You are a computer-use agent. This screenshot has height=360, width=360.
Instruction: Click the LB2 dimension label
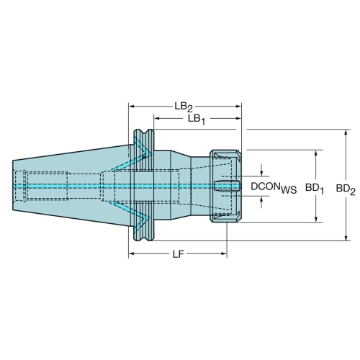click(184, 107)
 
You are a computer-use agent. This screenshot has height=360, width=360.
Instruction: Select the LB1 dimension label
click(197, 120)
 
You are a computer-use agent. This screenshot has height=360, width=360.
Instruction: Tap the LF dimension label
click(179, 255)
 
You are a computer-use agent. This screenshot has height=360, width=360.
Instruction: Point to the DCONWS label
click(274, 187)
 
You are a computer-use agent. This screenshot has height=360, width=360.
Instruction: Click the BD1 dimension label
click(315, 189)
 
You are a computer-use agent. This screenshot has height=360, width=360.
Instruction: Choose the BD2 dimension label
click(346, 189)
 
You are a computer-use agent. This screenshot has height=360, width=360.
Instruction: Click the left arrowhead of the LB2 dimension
click(131, 107)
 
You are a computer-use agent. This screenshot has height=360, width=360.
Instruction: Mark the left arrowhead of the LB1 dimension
click(157, 118)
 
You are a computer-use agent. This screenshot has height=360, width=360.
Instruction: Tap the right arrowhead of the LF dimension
click(224, 253)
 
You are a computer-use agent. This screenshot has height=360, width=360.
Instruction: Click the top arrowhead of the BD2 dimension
click(346, 132)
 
